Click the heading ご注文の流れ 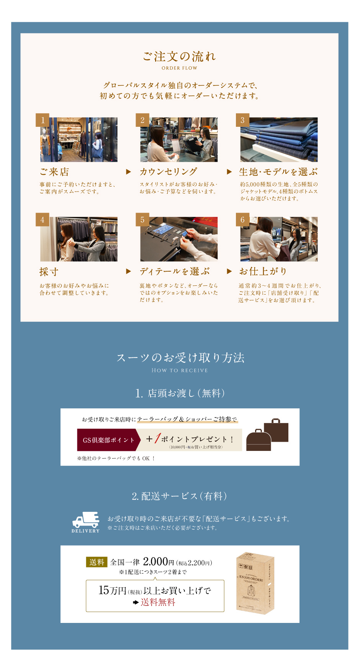(179, 57)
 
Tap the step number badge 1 (43, 120)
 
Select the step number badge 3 (242, 120)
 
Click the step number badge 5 (142, 220)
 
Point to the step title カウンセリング (168, 172)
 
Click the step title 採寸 (49, 272)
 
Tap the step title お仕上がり (263, 271)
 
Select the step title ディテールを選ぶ (175, 271)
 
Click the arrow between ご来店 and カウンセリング (129, 172)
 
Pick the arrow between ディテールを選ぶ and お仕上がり (229, 271)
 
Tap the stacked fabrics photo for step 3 (279, 139)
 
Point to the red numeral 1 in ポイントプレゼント (157, 438)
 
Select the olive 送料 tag (97, 562)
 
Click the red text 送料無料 (158, 602)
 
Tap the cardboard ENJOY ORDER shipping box (255, 583)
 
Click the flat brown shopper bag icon (276, 430)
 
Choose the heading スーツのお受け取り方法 (180, 358)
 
